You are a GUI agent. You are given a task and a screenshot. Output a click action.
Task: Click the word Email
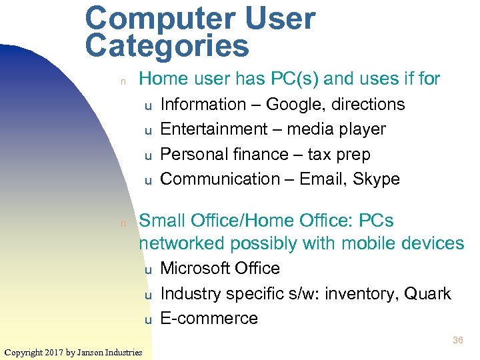[322, 179]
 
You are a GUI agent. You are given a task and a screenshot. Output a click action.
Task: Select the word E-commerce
[209, 319]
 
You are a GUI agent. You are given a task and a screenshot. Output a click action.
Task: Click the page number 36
[457, 340]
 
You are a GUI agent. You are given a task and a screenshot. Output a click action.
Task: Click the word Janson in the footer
[93, 352]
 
